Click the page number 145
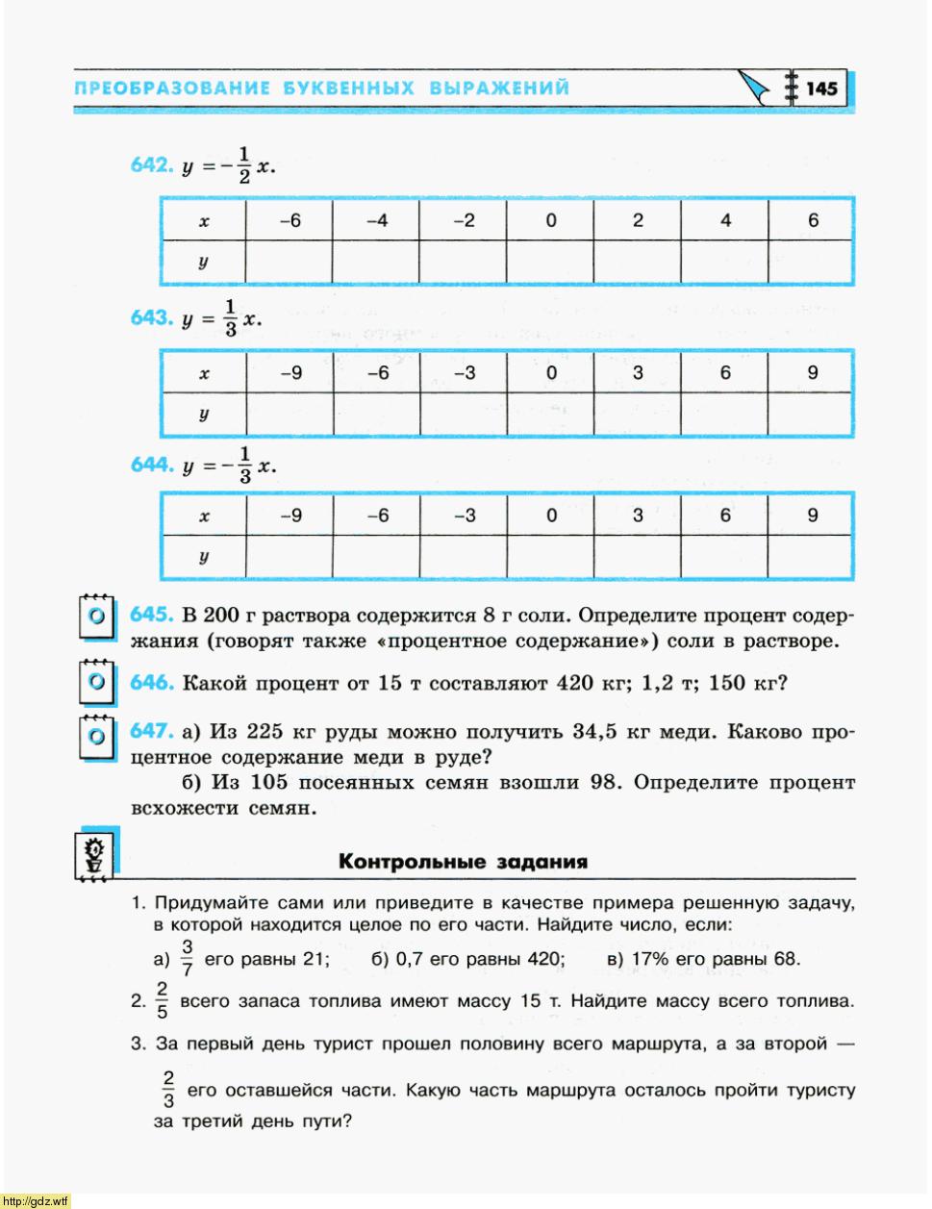click(821, 88)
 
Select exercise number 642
click(151, 164)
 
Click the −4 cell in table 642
click(376, 220)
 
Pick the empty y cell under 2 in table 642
click(637, 262)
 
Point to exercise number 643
click(151, 317)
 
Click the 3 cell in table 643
click(638, 373)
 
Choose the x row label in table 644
click(204, 516)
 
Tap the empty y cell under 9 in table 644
click(812, 557)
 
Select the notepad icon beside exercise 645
click(95, 617)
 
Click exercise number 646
click(151, 683)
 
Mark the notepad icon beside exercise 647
click(95, 736)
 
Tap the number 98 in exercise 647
click(604, 782)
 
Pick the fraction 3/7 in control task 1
click(188, 959)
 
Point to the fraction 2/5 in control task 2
click(162, 1000)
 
